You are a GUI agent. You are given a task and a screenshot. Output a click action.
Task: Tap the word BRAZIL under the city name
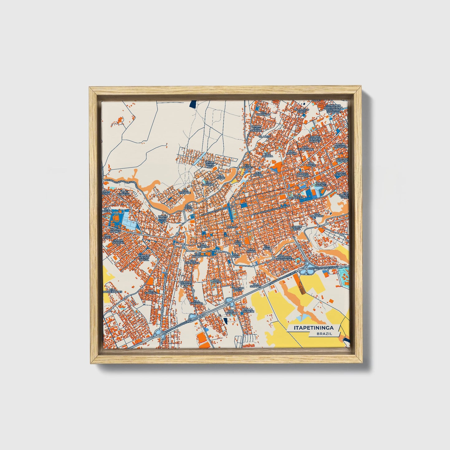(324, 334)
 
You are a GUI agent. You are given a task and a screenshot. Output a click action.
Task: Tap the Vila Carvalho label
(263, 113)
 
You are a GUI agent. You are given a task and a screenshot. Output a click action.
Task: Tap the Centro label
(232, 227)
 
